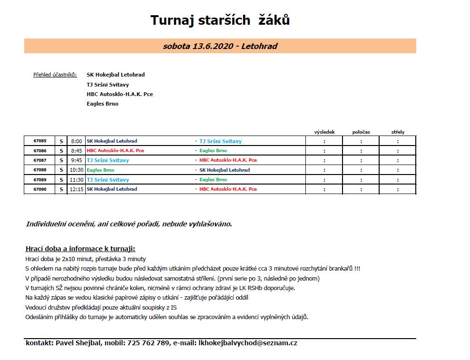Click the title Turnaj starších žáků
pos(220,20)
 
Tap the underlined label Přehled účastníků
pos(55,75)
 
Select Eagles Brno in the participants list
pos(102,104)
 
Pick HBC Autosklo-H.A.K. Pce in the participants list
pos(119,94)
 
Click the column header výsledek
pos(324,132)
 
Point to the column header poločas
pos(361,132)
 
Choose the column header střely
pos(398,132)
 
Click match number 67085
pos(40,141)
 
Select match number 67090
pos(40,189)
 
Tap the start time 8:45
pos(76,151)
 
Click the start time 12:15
pos(76,189)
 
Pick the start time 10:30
pos(76,170)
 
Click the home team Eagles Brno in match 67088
pos(100,170)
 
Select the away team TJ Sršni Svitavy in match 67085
pos(220,141)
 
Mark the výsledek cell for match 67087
pos(324,160)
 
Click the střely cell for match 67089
pos(398,180)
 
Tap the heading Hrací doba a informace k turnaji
pos(80,249)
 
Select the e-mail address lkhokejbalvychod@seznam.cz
pos(248,343)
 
